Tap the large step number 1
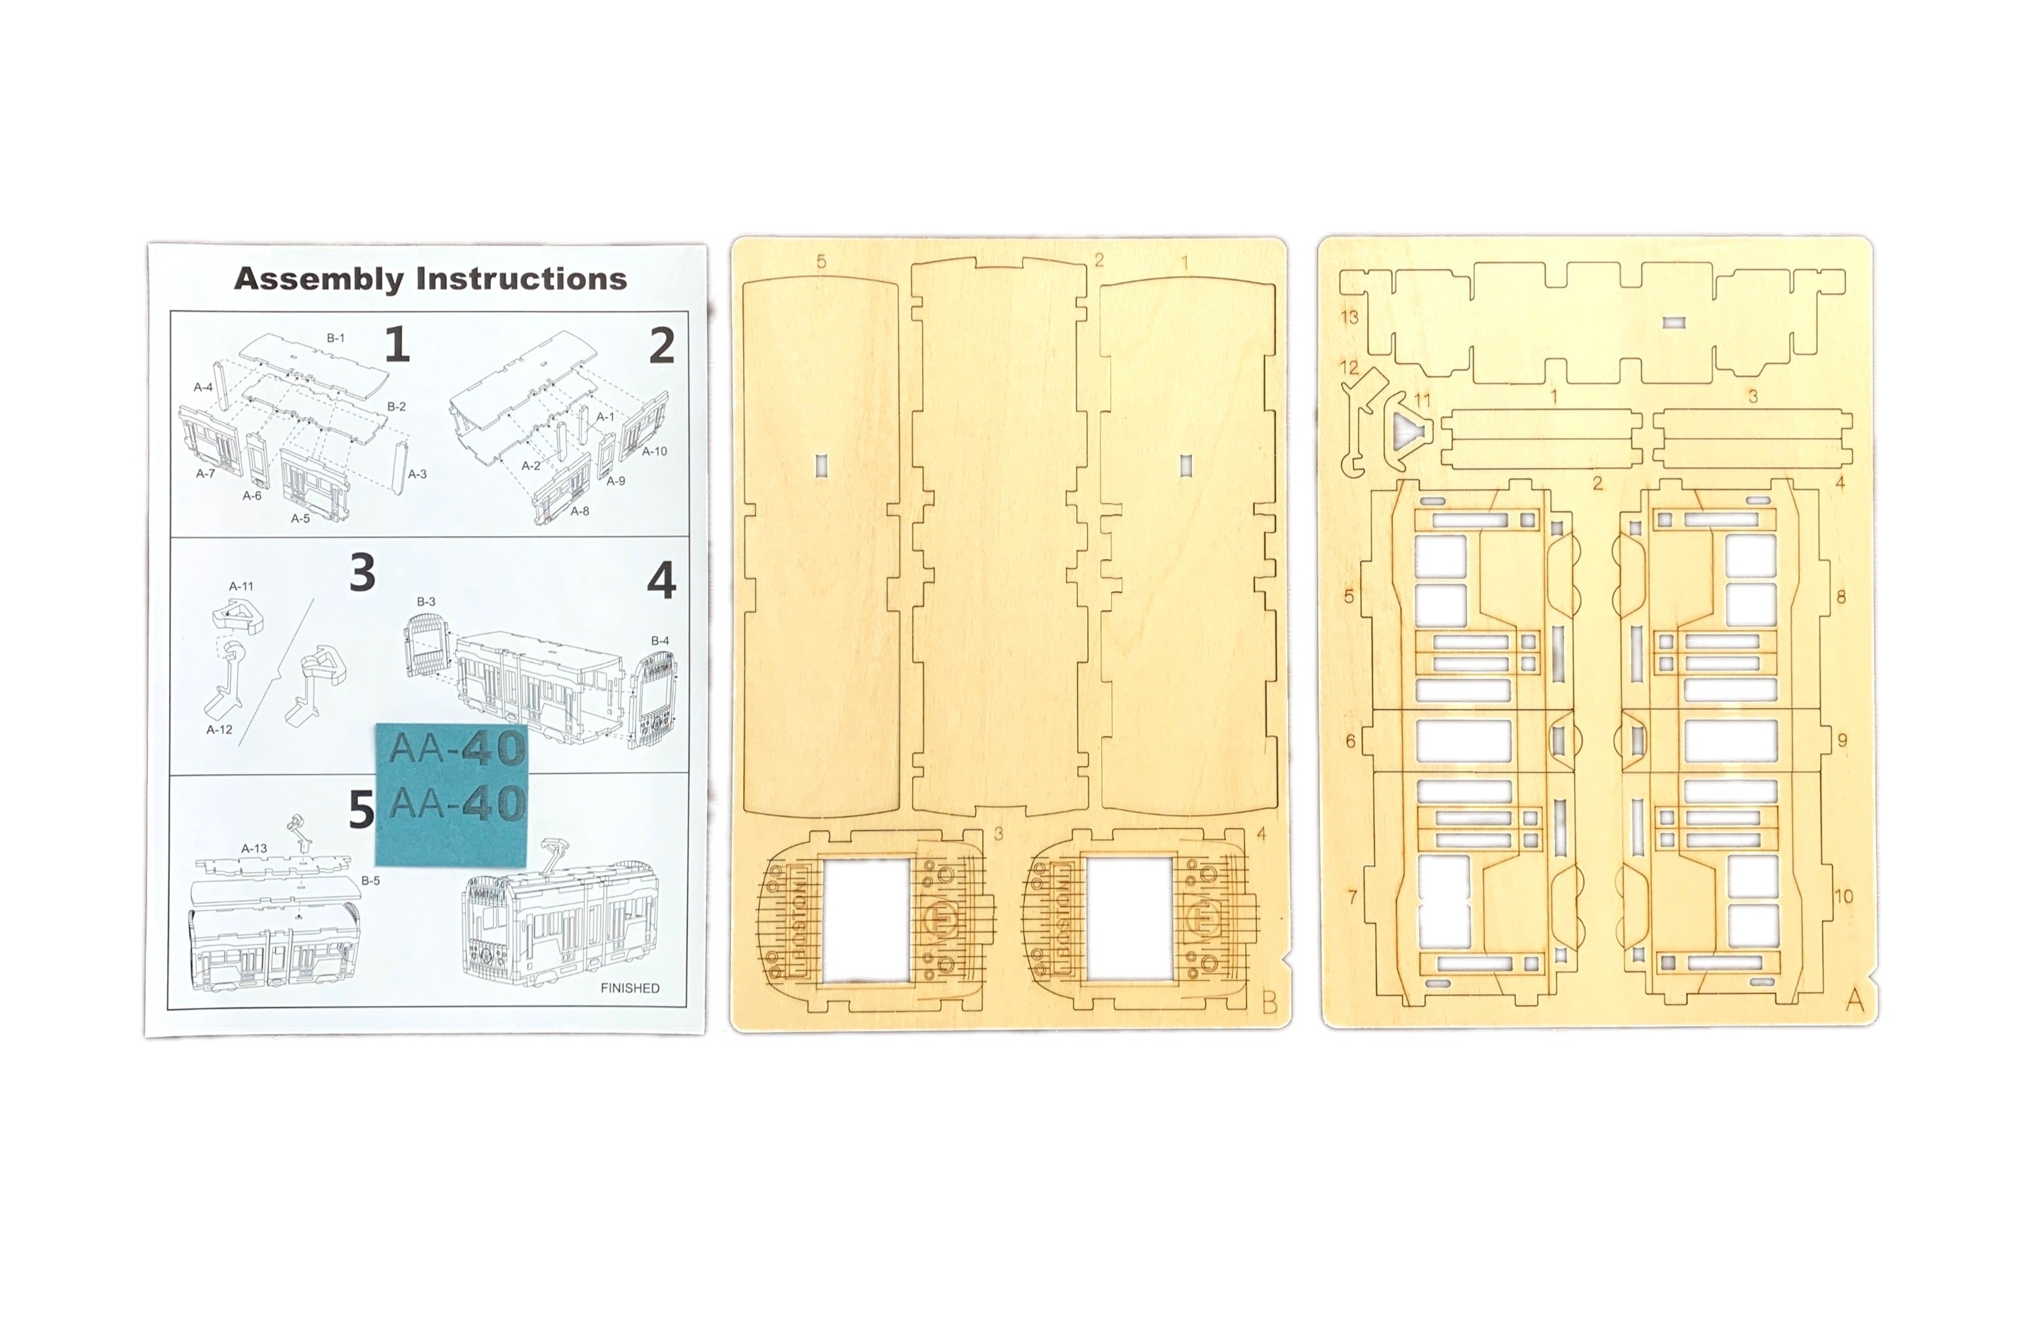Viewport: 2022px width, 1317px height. [x=397, y=345]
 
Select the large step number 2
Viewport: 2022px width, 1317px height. [x=662, y=346]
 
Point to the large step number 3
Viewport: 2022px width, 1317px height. [x=363, y=573]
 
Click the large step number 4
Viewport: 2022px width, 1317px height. [x=662, y=581]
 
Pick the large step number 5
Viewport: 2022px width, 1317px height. [x=362, y=810]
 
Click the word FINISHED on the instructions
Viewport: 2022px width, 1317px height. [x=630, y=988]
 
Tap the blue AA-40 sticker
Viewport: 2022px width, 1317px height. [x=452, y=795]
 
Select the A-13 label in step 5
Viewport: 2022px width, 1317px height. [x=254, y=848]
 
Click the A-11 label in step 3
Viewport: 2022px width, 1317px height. [x=241, y=586]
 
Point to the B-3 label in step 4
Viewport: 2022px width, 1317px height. [x=425, y=602]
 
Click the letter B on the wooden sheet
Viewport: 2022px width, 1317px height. [x=1269, y=1003]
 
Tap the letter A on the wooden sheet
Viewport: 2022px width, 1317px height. [x=1855, y=1001]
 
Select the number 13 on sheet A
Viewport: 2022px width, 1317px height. [x=1349, y=317]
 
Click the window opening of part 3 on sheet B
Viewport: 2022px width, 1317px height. [x=866, y=920]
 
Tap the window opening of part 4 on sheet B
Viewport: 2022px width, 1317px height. [x=1130, y=919]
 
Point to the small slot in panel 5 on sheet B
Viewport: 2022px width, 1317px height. [x=821, y=465]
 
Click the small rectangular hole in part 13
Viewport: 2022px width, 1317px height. [x=1674, y=323]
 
